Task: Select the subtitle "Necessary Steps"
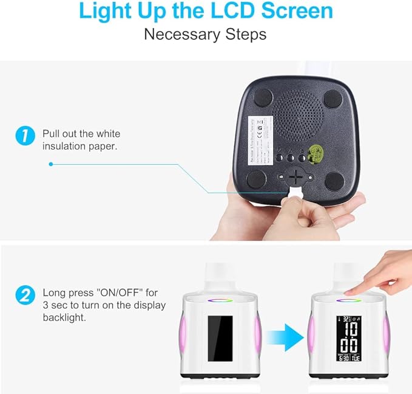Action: (x=205, y=34)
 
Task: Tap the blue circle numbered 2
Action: (x=24, y=296)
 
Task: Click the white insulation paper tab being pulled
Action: (x=295, y=194)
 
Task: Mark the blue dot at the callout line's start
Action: (x=51, y=164)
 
